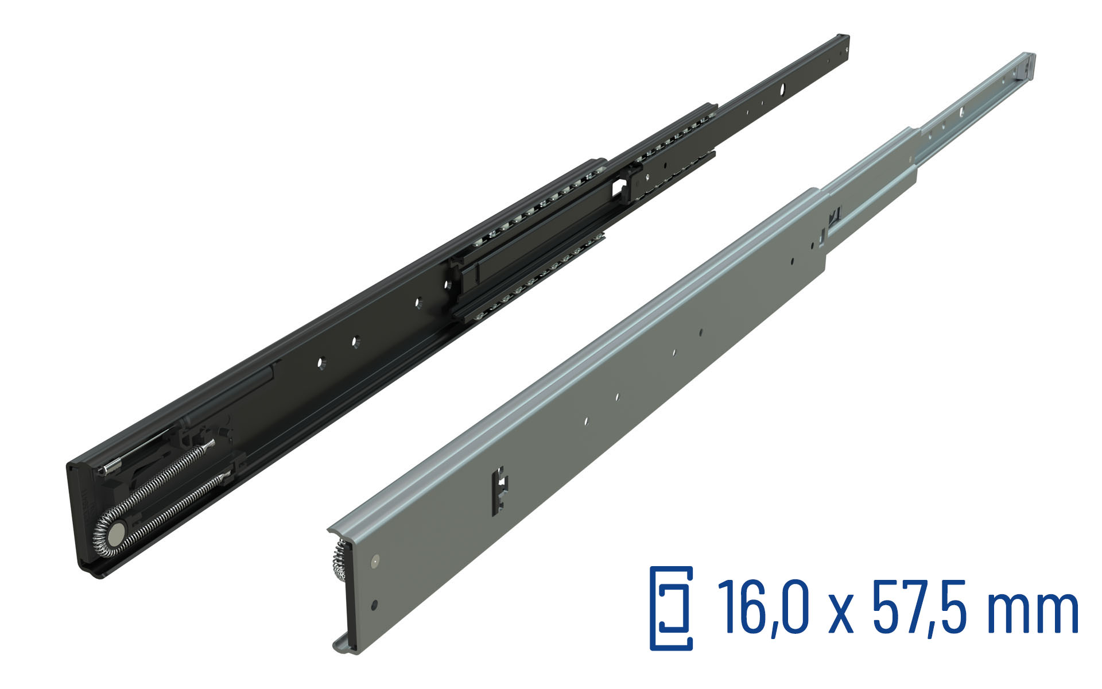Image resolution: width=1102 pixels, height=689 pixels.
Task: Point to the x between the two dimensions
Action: (x=841, y=614)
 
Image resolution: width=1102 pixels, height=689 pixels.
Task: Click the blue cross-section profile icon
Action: (x=671, y=609)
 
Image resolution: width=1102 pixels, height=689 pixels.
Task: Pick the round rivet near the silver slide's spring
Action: (x=375, y=559)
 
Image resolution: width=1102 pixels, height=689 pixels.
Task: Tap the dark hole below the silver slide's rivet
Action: (x=374, y=605)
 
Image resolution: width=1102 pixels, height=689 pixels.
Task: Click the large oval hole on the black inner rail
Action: (x=781, y=90)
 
